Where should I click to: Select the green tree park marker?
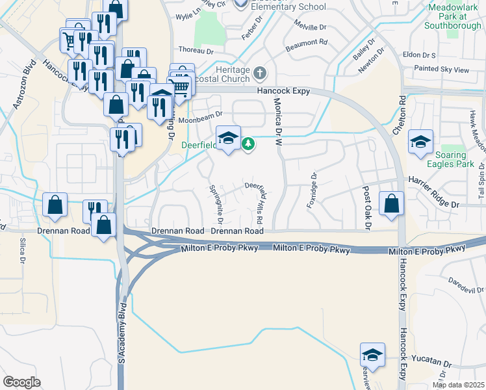tap(248, 143)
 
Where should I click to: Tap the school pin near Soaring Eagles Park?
tap(420, 143)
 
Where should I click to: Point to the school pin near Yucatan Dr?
tap(372, 356)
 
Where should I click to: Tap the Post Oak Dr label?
tap(366, 207)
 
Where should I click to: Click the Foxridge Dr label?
tap(313, 190)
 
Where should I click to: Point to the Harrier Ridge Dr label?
tap(433, 190)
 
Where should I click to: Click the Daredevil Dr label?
tap(466, 284)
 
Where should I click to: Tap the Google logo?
tap(21, 382)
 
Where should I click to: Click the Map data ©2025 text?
tap(459, 385)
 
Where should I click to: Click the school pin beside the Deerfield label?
tap(228, 138)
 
